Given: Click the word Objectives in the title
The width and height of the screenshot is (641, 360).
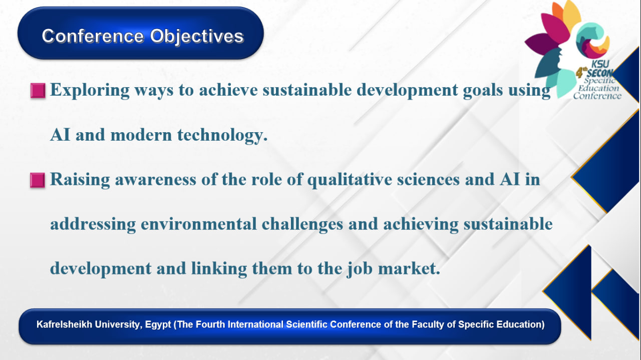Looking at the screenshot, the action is [197, 37].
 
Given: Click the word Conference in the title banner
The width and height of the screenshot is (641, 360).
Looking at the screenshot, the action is [93, 36].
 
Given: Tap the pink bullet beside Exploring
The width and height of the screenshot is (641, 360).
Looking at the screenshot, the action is [38, 91].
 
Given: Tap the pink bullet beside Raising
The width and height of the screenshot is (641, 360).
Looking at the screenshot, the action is [38, 180].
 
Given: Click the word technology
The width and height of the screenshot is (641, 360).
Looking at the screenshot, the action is [222, 135].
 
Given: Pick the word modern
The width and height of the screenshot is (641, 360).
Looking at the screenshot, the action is [141, 135].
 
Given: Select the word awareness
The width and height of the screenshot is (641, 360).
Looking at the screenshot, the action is [155, 180].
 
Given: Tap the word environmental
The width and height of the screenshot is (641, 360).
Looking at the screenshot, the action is [199, 224].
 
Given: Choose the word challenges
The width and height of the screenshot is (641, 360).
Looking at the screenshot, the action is [302, 224].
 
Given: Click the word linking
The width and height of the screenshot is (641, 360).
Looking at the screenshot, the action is [219, 269].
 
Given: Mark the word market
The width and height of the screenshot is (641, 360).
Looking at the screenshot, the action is [409, 269].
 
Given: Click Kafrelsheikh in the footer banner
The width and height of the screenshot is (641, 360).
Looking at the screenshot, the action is [64, 324].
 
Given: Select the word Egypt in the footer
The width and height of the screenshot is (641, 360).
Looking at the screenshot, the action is [158, 325].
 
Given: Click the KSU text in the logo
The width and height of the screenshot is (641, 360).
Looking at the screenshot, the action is [600, 64].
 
